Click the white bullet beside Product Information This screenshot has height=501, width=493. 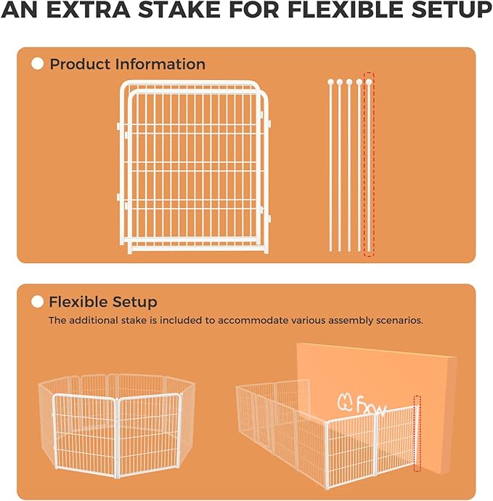(x=38, y=64)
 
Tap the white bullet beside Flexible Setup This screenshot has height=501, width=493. (x=38, y=302)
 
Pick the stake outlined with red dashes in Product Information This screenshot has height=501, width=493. (x=369, y=166)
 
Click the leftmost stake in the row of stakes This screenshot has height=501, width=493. (x=330, y=166)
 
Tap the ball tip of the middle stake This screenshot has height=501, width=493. (x=349, y=82)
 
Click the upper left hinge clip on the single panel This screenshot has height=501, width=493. (x=118, y=126)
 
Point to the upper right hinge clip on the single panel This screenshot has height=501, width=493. (x=268, y=123)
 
